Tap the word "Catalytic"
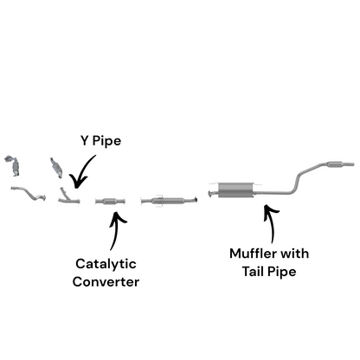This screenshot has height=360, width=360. [x=106, y=263]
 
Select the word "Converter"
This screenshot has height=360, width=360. [x=106, y=282]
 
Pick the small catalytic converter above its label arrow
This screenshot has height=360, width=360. [x=112, y=202]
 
